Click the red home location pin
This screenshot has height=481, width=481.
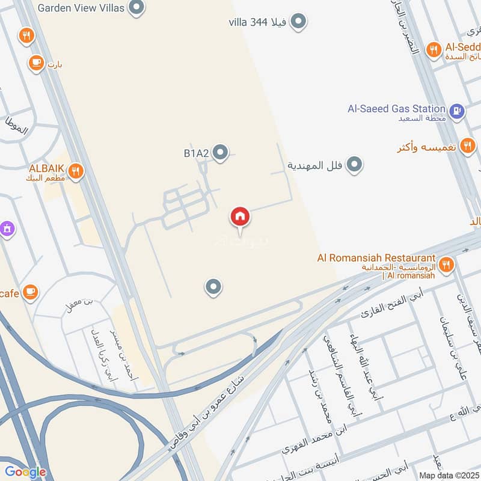coord(240,217)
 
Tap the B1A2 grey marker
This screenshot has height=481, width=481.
coord(221,153)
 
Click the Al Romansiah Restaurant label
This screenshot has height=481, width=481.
coord(376,258)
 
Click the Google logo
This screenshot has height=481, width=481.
coord(25,472)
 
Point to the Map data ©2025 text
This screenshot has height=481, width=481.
coord(448,475)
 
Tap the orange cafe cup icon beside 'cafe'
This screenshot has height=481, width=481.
coord(31,292)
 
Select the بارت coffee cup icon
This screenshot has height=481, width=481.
coord(36,62)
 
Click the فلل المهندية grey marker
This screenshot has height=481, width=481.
coord(355,164)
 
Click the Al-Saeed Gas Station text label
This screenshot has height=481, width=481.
coord(397,109)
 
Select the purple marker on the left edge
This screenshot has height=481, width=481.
coord(7,228)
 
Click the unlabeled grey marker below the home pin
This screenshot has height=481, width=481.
coord(213,287)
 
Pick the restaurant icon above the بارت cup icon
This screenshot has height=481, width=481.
coord(26,35)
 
